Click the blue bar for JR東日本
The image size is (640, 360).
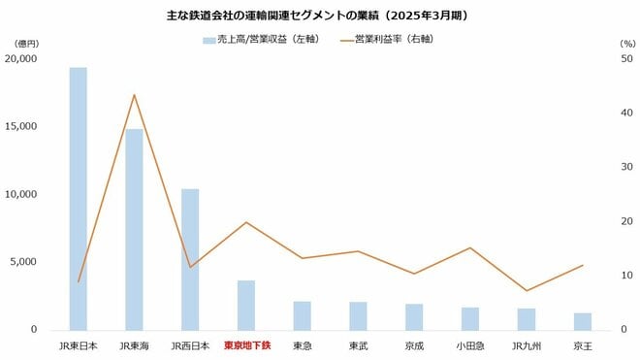(x=78, y=199)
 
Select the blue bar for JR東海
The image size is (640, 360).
(x=134, y=229)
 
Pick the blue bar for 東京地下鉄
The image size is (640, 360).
(x=246, y=305)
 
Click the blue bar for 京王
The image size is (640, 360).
(x=583, y=321)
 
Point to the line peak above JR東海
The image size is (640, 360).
(x=134, y=95)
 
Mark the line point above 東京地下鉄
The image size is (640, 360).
(x=246, y=222)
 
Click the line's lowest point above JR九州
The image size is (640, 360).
(x=527, y=290)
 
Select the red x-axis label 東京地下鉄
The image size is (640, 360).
(x=246, y=344)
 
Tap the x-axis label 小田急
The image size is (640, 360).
(x=470, y=344)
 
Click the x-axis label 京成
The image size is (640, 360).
(x=414, y=344)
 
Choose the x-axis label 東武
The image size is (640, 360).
(x=358, y=344)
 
